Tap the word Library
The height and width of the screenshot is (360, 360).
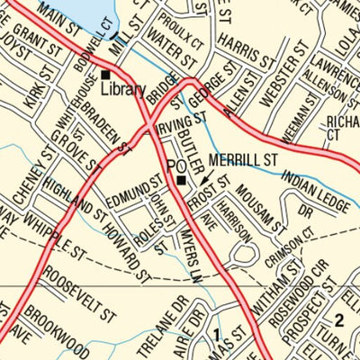(x=122, y=89)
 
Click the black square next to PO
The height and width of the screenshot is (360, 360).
(x=182, y=180)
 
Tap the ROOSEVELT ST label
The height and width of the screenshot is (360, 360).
(x=80, y=293)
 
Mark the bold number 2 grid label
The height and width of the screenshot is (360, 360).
(x=339, y=319)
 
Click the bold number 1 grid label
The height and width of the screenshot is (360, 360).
(x=216, y=336)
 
